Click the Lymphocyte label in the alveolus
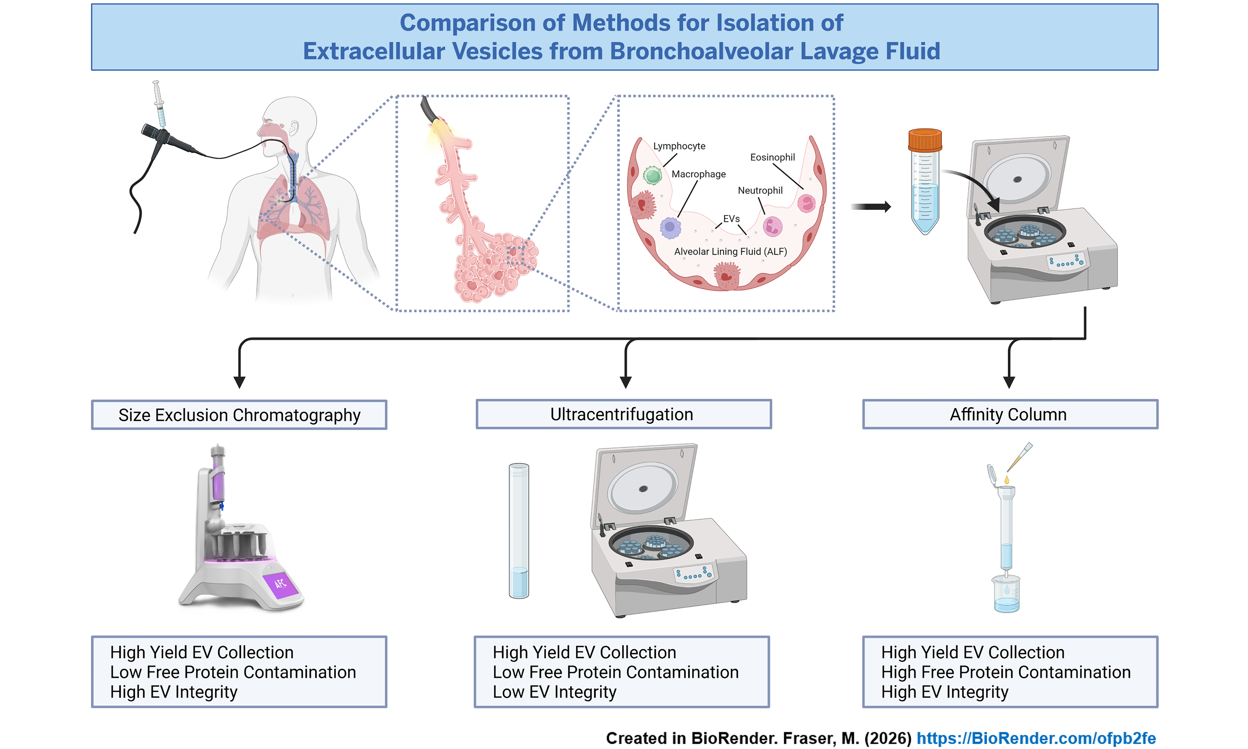click(x=679, y=146)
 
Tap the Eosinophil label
click(x=772, y=157)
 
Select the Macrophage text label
click(x=698, y=174)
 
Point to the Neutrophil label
click(x=760, y=190)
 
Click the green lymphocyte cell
click(x=652, y=176)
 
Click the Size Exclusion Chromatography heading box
click(x=239, y=415)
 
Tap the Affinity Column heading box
click(x=1010, y=414)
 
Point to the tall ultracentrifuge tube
click(x=519, y=530)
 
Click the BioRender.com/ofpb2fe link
click(x=1036, y=738)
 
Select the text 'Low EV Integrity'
click(x=555, y=692)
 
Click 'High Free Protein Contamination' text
click(x=1005, y=672)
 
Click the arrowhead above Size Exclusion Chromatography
click(x=240, y=382)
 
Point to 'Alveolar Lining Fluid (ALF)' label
click(x=730, y=251)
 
